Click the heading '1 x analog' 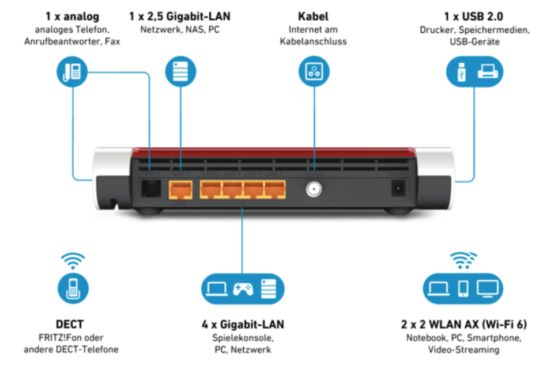click(72, 17)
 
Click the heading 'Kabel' click(313, 17)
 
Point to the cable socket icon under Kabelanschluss click(313, 72)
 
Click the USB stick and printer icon click(474, 72)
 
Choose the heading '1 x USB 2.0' click(474, 17)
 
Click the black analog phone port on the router click(151, 188)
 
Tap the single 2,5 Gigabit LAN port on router click(181, 188)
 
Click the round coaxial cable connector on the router click(314, 188)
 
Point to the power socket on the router click(397, 188)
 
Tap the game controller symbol click(242, 288)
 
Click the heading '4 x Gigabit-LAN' click(243, 325)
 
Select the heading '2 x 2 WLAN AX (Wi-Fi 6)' click(463, 325)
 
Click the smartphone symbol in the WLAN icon click(463, 288)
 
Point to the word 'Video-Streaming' click(463, 349)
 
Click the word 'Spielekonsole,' click(243, 337)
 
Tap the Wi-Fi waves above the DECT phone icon click(73, 261)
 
